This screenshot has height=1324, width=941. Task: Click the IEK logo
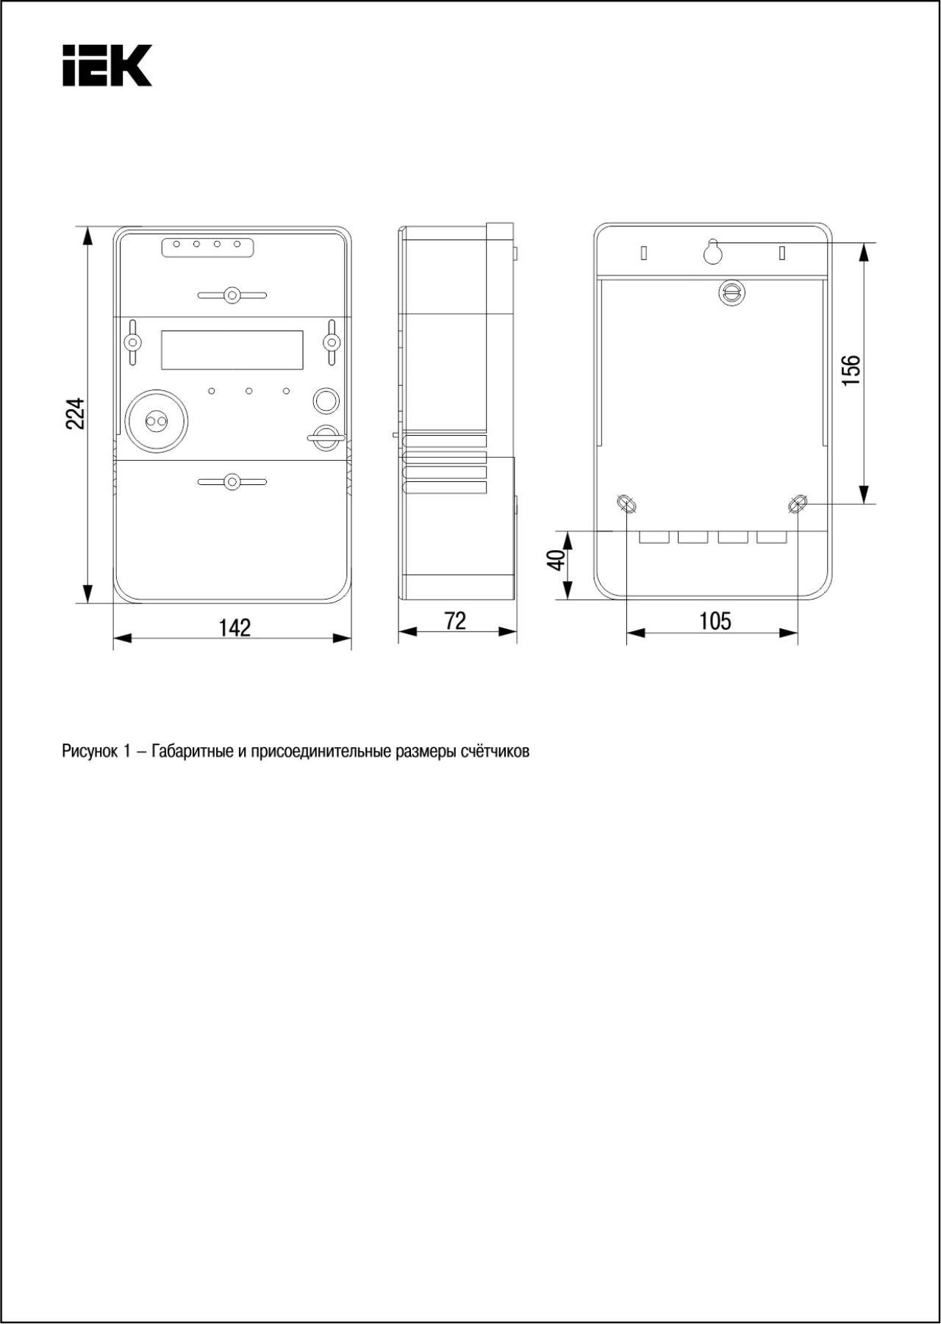pyautogui.click(x=107, y=65)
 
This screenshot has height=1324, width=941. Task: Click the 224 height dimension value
pyautogui.click(x=76, y=414)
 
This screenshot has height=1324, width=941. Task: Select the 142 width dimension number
pyautogui.click(x=235, y=627)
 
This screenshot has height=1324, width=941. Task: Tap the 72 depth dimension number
pyautogui.click(x=455, y=622)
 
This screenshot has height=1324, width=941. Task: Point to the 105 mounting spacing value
pyautogui.click(x=715, y=622)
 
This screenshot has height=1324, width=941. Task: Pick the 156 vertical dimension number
pyautogui.click(x=851, y=372)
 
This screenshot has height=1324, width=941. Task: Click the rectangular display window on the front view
pyautogui.click(x=232, y=350)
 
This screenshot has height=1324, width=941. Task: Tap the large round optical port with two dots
pyautogui.click(x=157, y=421)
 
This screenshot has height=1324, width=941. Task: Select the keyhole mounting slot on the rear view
pyautogui.click(x=713, y=252)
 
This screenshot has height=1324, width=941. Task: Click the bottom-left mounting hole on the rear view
pyautogui.click(x=627, y=504)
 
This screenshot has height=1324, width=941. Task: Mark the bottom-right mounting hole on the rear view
pyautogui.click(x=798, y=504)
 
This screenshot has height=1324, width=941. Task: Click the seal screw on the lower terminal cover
pyautogui.click(x=232, y=482)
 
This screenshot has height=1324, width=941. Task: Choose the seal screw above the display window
pyautogui.click(x=232, y=295)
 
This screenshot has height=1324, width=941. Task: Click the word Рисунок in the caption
pyautogui.click(x=89, y=752)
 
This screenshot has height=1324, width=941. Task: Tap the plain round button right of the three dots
pyautogui.click(x=326, y=400)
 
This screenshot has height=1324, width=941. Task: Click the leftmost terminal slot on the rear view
pyautogui.click(x=654, y=537)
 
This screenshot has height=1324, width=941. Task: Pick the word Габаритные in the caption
pyautogui.click(x=193, y=752)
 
